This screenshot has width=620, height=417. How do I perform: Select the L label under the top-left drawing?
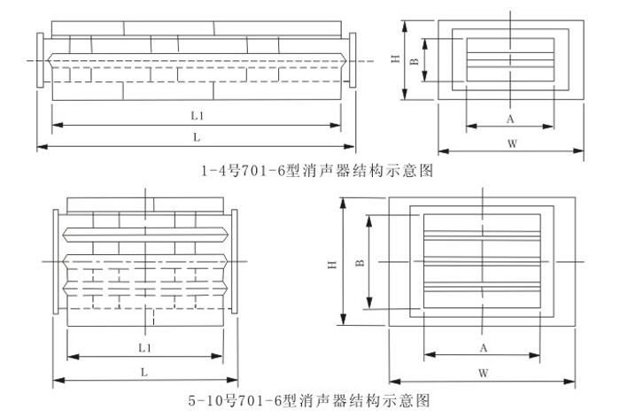click(x=197, y=136)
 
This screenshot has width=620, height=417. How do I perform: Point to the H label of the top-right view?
click(x=397, y=60)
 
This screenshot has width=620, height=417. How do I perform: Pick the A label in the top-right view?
click(x=510, y=118)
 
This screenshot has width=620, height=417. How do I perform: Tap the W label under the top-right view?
click(x=512, y=143)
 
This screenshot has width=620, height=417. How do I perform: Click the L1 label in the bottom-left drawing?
click(x=144, y=346)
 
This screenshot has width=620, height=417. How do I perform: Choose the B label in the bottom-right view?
click(x=359, y=263)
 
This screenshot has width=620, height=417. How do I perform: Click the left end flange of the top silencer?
click(x=41, y=60)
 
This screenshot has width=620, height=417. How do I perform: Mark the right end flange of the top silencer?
click(x=353, y=60)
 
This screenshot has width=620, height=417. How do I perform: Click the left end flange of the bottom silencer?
click(x=56, y=263)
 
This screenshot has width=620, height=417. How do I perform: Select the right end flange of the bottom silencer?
click(x=235, y=263)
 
